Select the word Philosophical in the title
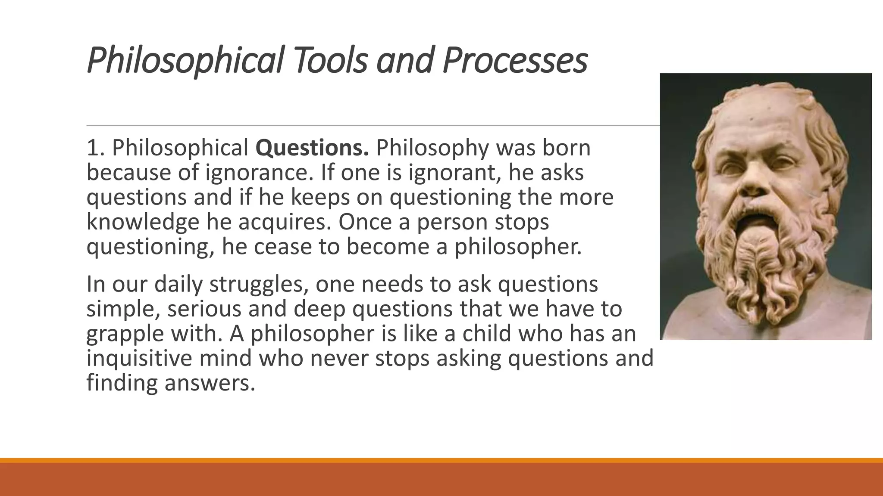pos(185,60)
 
